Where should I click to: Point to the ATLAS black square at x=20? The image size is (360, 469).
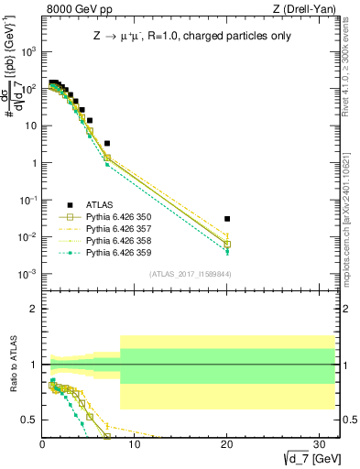click(227, 219)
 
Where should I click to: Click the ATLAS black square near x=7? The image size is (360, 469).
click(107, 143)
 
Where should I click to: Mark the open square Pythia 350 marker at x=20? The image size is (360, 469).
click(227, 245)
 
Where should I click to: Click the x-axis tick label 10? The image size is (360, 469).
click(135, 442)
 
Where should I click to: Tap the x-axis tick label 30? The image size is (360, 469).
click(319, 442)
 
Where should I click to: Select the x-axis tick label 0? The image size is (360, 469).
click(43, 442)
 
